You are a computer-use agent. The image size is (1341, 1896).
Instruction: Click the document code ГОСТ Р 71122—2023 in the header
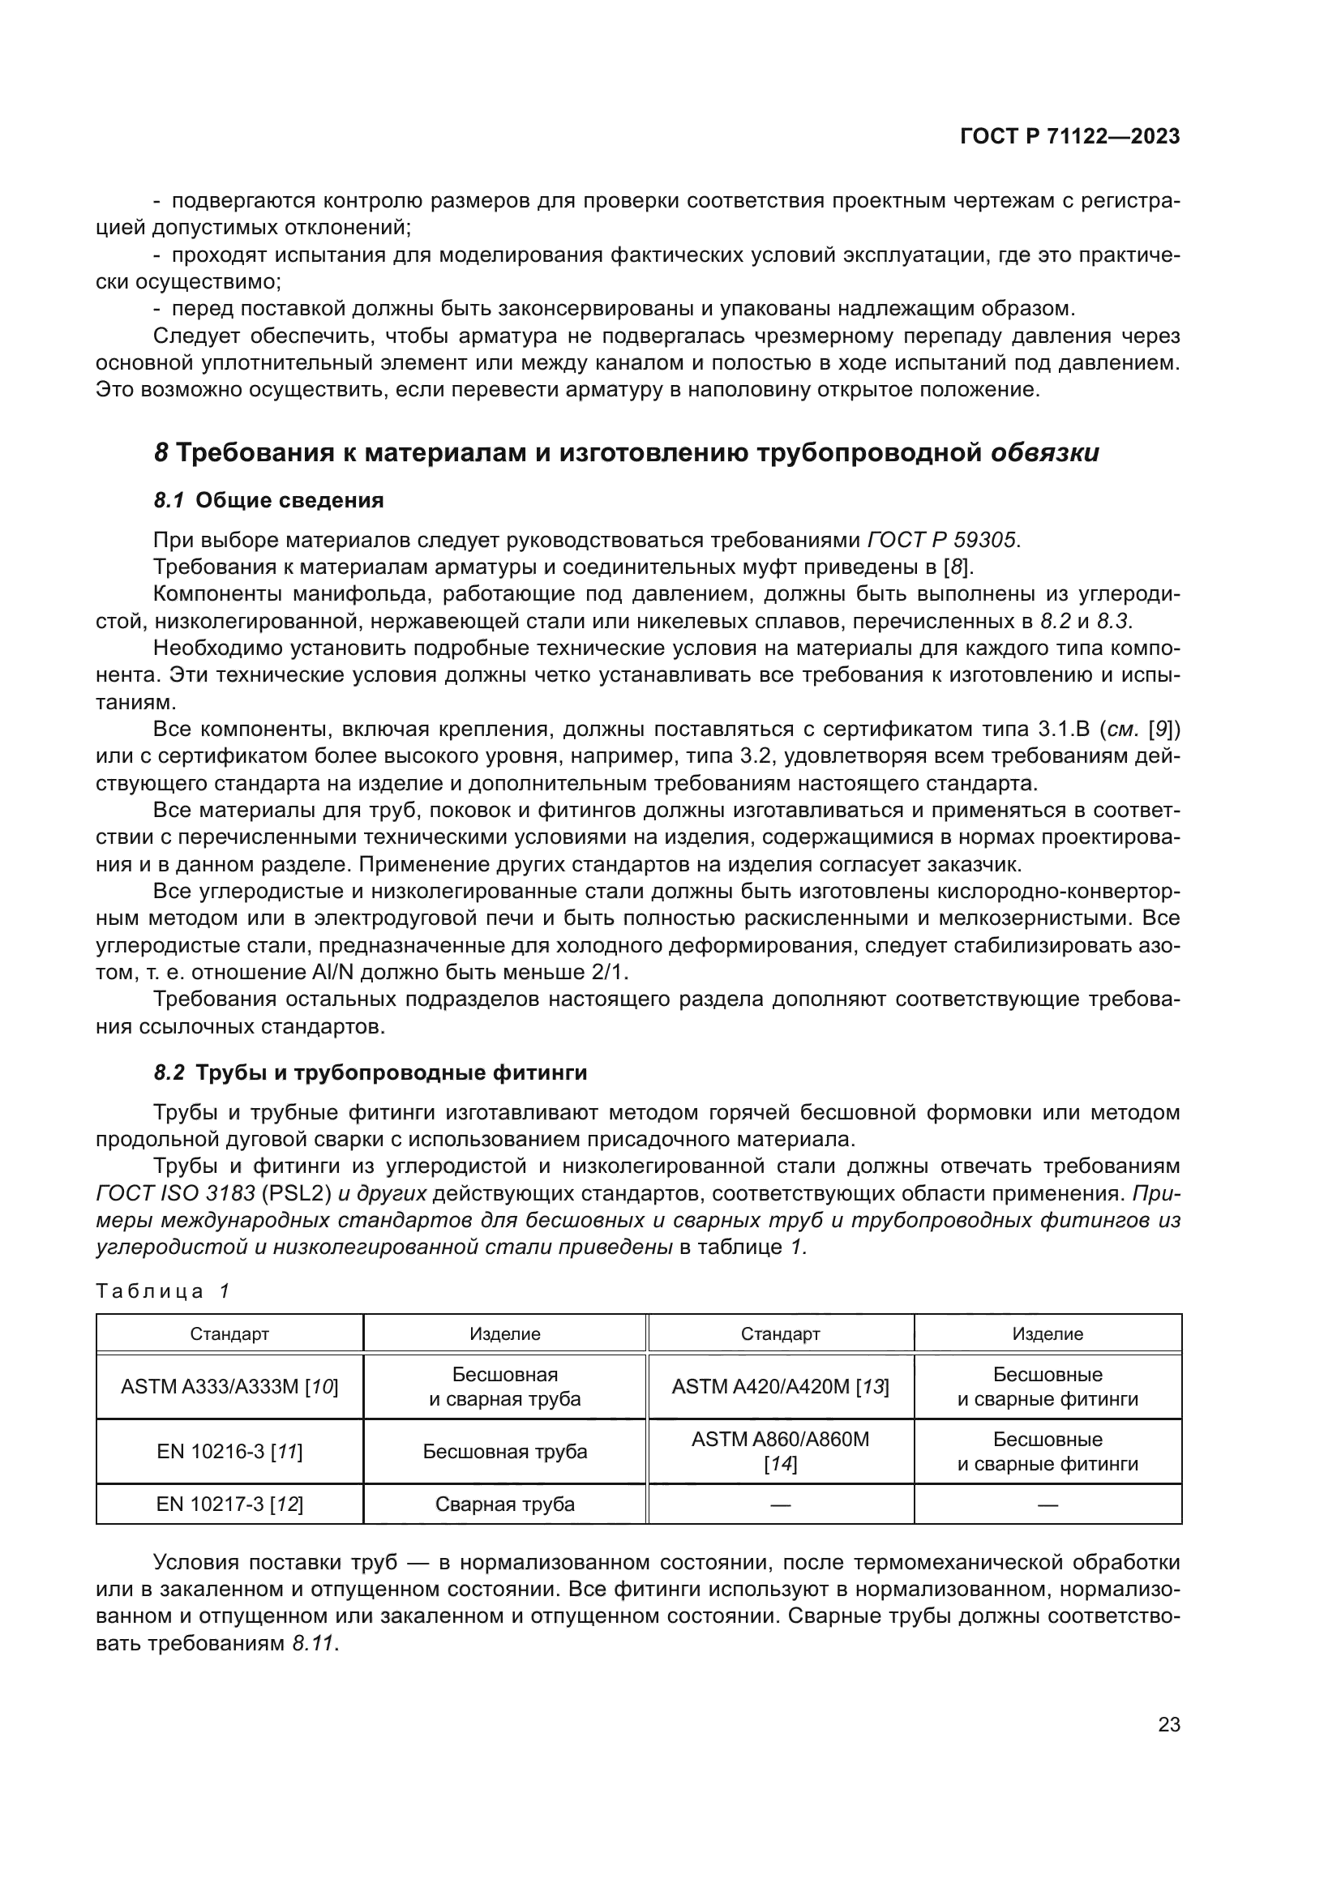coord(1069,137)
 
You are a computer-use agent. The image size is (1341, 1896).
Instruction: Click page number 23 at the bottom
coord(1168,1725)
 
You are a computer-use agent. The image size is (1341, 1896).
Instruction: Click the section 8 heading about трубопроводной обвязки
coord(626,453)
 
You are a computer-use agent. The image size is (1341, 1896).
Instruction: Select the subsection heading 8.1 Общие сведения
coord(268,500)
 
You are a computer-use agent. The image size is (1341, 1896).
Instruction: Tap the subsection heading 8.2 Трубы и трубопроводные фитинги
coord(370,1073)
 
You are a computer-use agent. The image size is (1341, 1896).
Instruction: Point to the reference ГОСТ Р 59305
coord(941,540)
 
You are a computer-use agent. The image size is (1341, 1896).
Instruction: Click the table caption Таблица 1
coord(162,1291)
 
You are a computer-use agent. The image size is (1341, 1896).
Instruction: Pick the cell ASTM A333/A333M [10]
coord(229,1386)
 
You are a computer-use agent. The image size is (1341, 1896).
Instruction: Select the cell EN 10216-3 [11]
coord(229,1451)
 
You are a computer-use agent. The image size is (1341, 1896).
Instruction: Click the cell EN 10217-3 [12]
coord(229,1504)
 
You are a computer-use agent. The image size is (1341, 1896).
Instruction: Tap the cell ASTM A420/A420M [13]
coord(780,1386)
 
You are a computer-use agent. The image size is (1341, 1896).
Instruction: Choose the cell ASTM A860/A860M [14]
coord(780,1451)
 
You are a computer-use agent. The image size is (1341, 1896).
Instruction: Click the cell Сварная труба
coord(504,1504)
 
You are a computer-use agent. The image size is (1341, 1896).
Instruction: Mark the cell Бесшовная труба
coord(504,1451)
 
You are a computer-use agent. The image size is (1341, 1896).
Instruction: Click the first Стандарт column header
coord(229,1333)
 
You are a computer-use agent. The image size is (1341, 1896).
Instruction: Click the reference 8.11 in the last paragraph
coord(313,1643)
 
